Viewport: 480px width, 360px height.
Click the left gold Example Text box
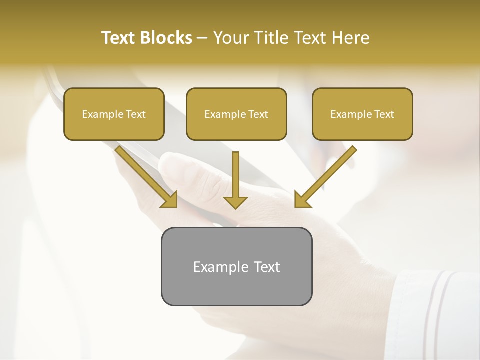click(x=114, y=114)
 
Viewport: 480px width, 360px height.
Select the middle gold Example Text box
click(x=236, y=114)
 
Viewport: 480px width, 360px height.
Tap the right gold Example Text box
click(x=362, y=114)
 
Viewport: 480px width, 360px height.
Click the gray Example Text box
click(x=236, y=266)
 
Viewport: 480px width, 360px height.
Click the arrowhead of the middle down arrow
click(x=235, y=202)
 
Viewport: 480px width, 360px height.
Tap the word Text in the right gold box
click(x=384, y=114)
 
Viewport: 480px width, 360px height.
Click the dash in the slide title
click(x=202, y=38)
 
